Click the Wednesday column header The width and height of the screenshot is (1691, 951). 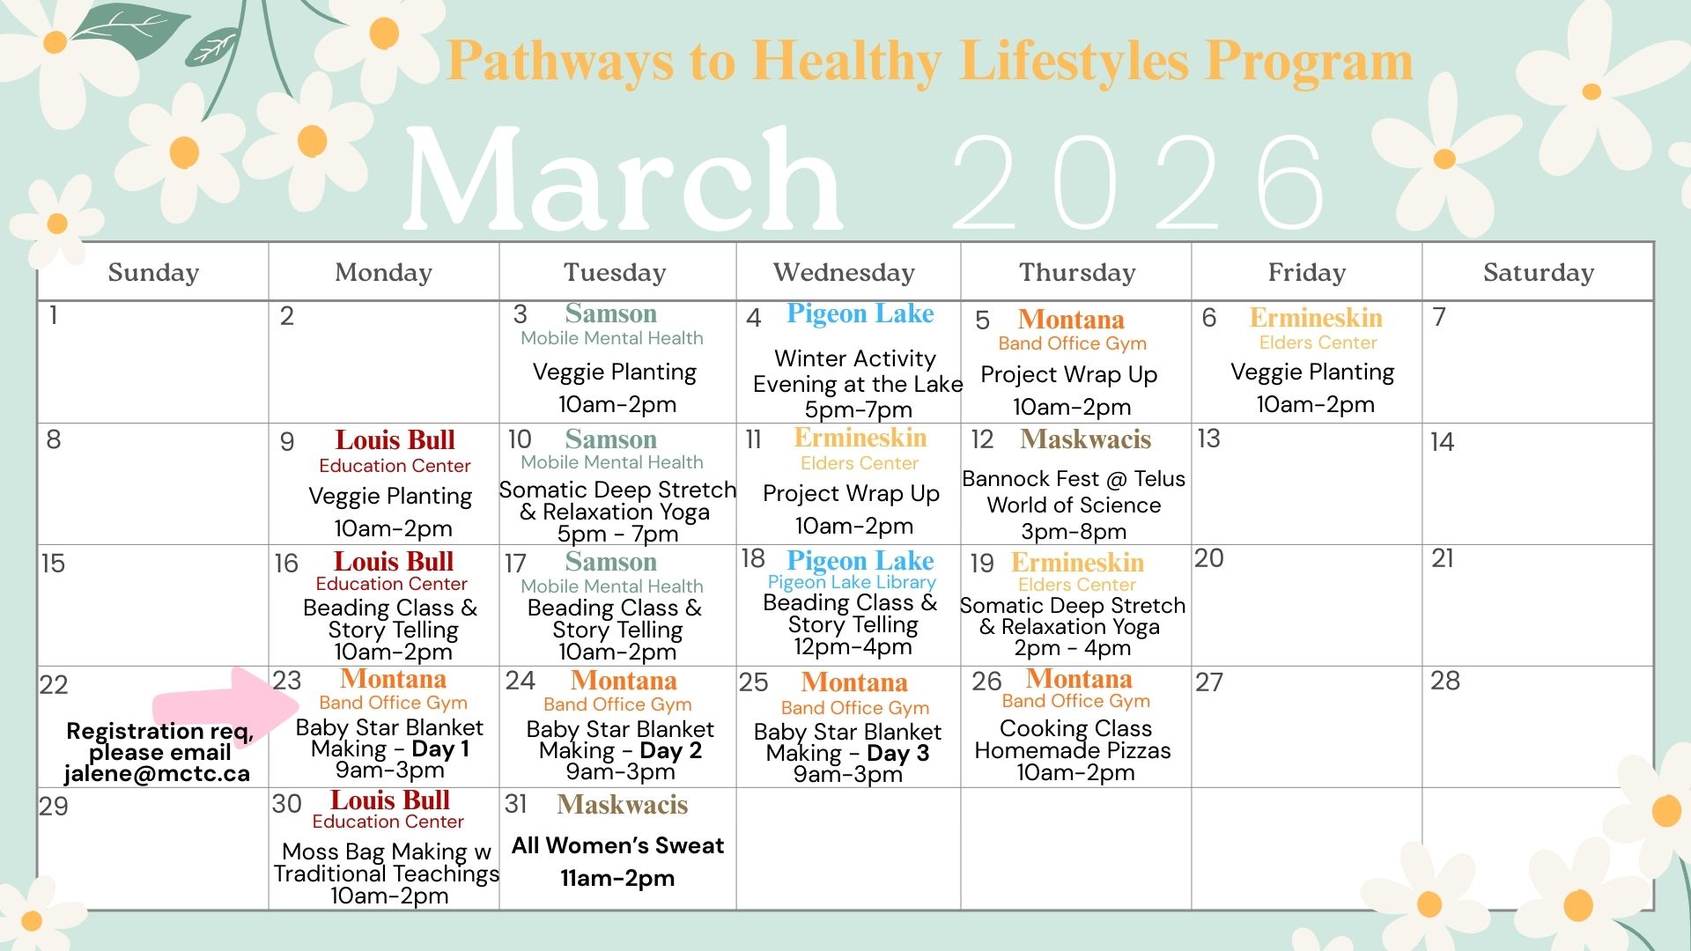point(844,273)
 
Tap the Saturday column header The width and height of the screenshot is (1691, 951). point(1539,273)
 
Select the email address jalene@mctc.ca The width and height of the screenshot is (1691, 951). point(157,774)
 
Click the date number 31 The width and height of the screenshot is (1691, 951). point(516,804)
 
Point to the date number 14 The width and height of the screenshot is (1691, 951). point(1442,441)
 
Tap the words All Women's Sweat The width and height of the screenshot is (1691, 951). point(617,845)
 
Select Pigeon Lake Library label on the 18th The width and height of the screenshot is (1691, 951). point(852,583)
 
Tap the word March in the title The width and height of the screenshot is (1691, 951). point(624,181)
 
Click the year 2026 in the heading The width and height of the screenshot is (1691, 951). point(1139,182)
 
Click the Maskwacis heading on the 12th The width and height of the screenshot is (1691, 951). point(1086,439)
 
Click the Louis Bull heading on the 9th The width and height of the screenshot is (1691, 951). point(395,440)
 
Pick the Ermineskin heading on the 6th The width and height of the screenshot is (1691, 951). point(1316,318)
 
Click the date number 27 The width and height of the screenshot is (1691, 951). point(1209,682)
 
